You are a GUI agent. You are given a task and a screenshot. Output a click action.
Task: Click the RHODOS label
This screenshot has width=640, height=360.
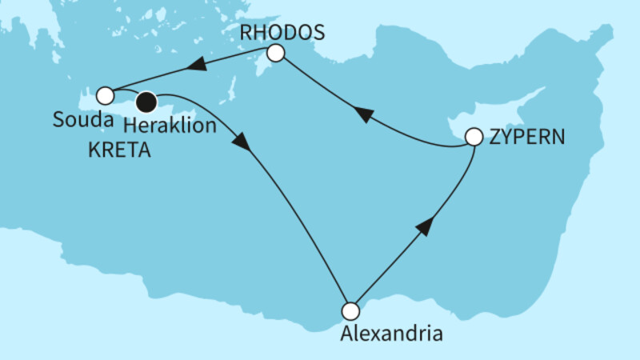(x=283, y=33)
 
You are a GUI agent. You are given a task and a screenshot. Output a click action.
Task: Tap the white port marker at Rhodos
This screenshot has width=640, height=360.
(x=275, y=54)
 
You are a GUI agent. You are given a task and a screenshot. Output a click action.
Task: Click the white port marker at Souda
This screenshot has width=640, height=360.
(x=105, y=96)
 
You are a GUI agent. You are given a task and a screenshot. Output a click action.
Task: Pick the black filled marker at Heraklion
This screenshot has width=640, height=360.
(x=146, y=102)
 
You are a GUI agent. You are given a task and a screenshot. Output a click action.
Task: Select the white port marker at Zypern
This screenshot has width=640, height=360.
(x=474, y=137)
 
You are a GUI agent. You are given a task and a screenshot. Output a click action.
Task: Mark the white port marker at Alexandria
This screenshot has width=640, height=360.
(x=350, y=310)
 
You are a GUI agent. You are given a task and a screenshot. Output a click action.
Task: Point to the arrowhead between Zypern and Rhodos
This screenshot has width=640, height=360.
(x=362, y=115)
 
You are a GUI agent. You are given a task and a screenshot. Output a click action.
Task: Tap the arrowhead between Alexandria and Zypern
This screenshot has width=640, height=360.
(x=425, y=226)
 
